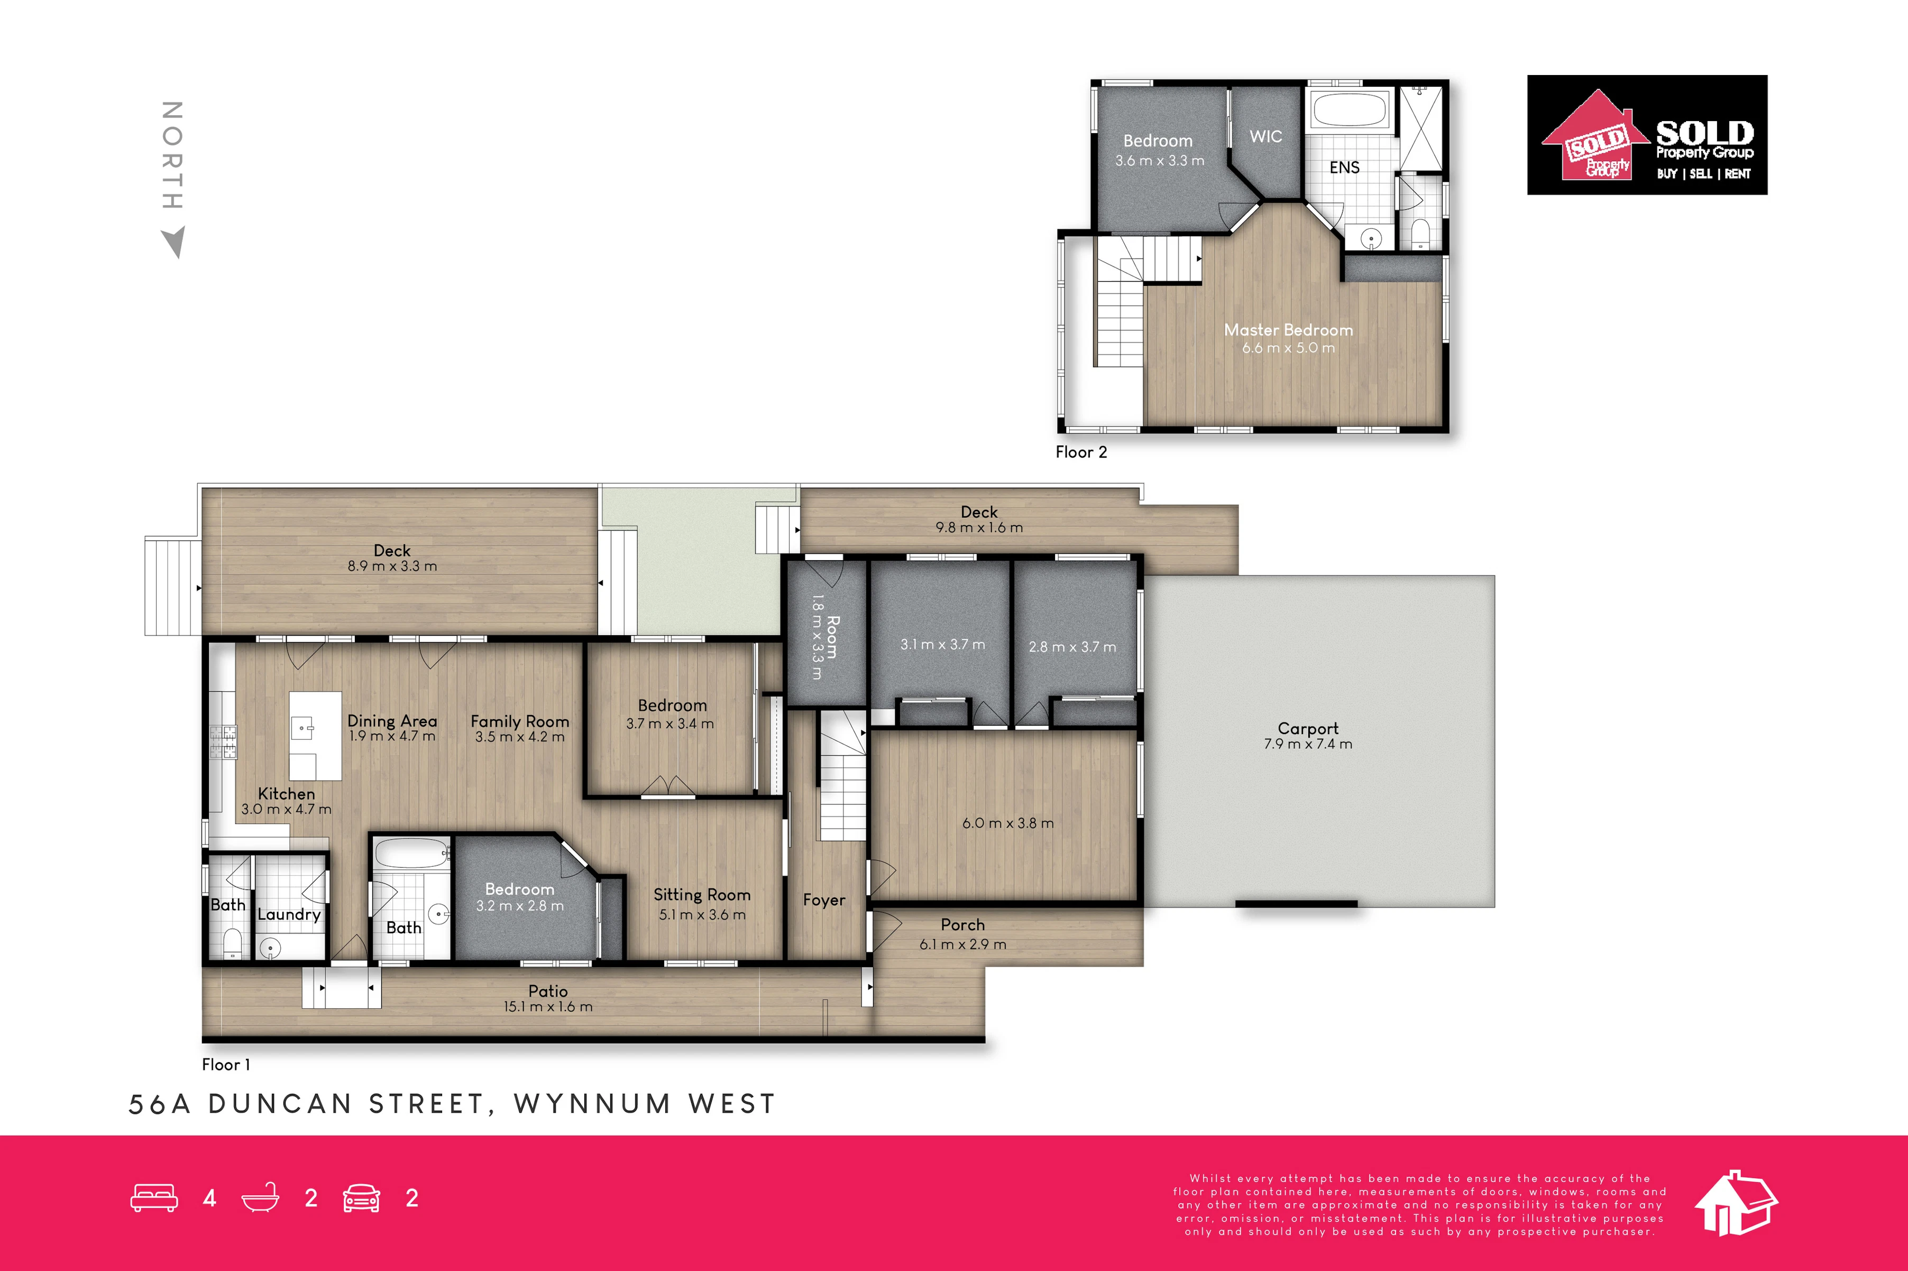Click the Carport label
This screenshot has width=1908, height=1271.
tap(1308, 728)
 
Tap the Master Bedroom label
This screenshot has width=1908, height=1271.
tap(1289, 330)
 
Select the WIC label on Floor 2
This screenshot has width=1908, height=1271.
tap(1266, 136)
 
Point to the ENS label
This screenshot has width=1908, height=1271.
tap(1344, 167)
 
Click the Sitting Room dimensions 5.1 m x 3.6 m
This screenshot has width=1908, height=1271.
tap(702, 914)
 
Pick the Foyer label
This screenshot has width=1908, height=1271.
tap(824, 900)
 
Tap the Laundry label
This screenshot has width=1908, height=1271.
tap(289, 914)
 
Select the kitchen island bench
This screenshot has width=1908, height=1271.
tap(315, 735)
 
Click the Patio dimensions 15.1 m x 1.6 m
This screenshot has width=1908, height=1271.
tap(548, 1007)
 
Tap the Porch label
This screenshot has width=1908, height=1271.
tap(962, 925)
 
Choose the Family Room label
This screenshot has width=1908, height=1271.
tap(520, 721)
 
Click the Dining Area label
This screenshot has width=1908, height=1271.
tap(392, 721)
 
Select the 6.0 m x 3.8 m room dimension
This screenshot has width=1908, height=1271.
tap(1008, 823)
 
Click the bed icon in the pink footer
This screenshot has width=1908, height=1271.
tap(154, 1198)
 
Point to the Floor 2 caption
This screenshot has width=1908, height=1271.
tap(1081, 452)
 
